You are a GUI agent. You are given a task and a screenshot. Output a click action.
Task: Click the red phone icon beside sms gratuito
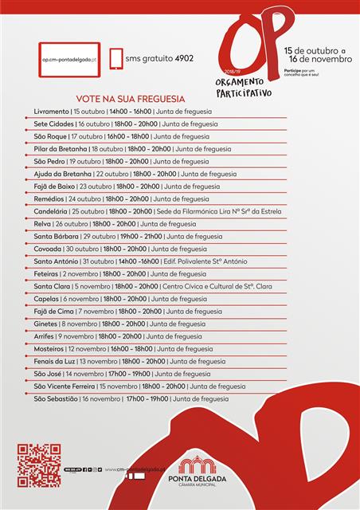[116, 58]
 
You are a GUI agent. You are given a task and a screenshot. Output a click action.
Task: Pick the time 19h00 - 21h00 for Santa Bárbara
[140, 236]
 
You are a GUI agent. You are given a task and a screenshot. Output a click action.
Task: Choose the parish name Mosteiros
[49, 348]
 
